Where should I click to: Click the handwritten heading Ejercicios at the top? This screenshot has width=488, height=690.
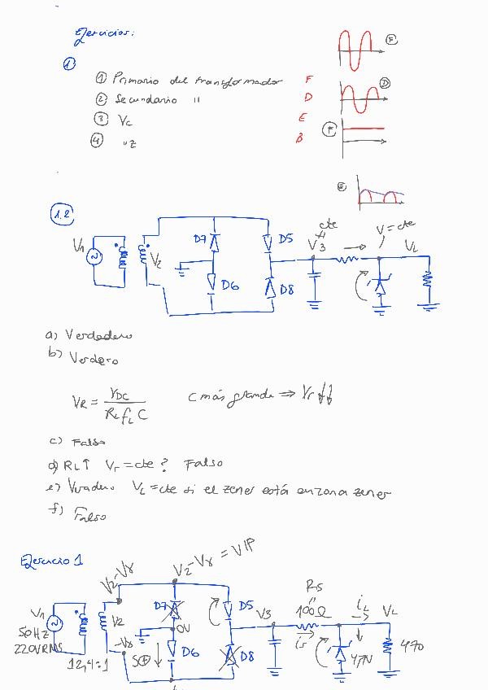[103, 33]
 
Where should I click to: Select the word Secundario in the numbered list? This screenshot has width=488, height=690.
[146, 99]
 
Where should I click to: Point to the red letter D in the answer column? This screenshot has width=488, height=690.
[308, 98]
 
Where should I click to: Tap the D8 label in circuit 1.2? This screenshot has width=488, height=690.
[286, 289]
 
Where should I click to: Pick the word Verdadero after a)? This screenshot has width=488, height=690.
[98, 335]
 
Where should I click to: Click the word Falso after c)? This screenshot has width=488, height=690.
[89, 443]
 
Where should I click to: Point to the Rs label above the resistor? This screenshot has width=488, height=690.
[314, 586]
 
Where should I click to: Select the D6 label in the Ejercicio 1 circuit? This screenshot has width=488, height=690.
[190, 651]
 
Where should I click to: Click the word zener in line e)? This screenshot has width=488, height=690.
[372, 491]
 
